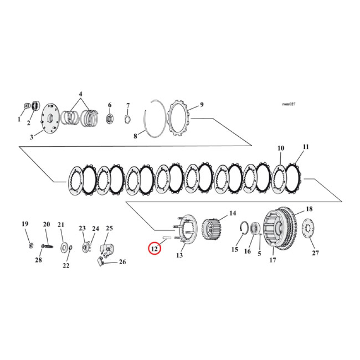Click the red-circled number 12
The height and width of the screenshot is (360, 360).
coord(155,248)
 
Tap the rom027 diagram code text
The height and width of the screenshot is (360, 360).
coord(288,104)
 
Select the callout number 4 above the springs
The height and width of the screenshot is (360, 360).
coord(81,94)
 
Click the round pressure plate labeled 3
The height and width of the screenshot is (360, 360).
coord(50,119)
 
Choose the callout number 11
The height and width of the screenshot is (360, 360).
coord(306,147)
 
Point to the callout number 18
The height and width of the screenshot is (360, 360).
coord(309,209)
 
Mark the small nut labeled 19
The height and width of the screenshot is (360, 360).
coord(29,245)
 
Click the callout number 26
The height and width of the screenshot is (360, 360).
coord(122,262)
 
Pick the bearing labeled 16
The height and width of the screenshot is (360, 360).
coord(255,228)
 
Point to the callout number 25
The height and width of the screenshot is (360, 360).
coord(109,229)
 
